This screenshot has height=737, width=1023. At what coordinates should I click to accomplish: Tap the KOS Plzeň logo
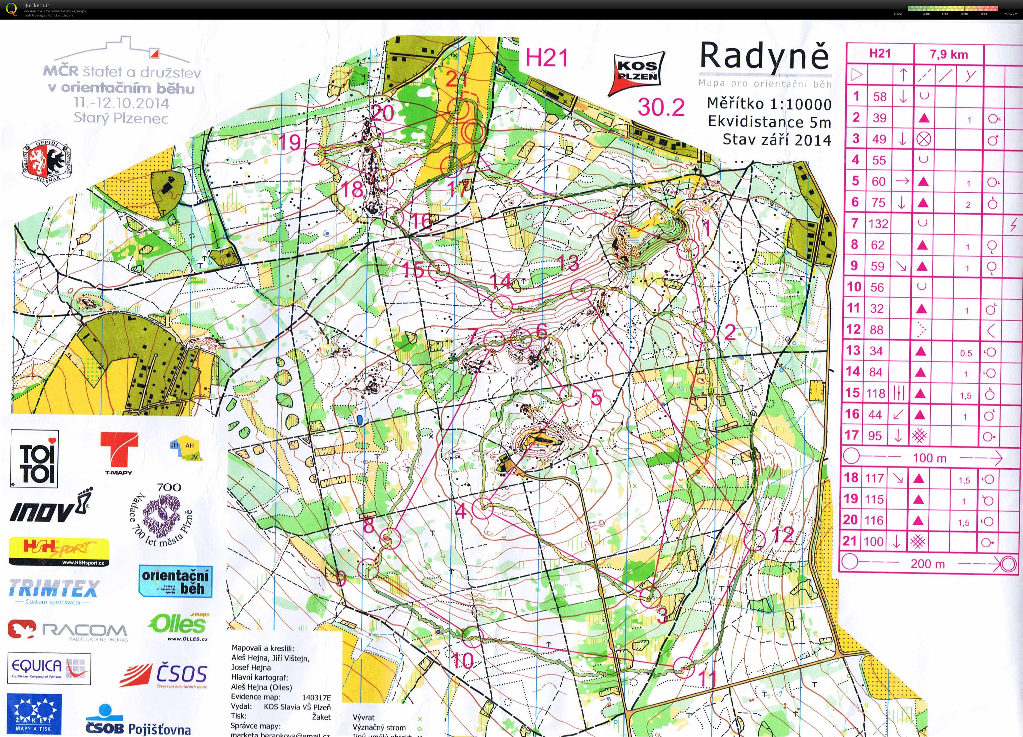click(637, 73)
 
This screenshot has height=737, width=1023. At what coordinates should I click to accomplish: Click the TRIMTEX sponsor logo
click(53, 589)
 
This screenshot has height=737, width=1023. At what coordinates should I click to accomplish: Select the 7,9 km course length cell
click(949, 55)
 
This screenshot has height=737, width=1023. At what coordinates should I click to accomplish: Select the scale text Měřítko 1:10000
click(769, 104)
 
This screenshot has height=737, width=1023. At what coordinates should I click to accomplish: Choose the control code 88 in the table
click(876, 330)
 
